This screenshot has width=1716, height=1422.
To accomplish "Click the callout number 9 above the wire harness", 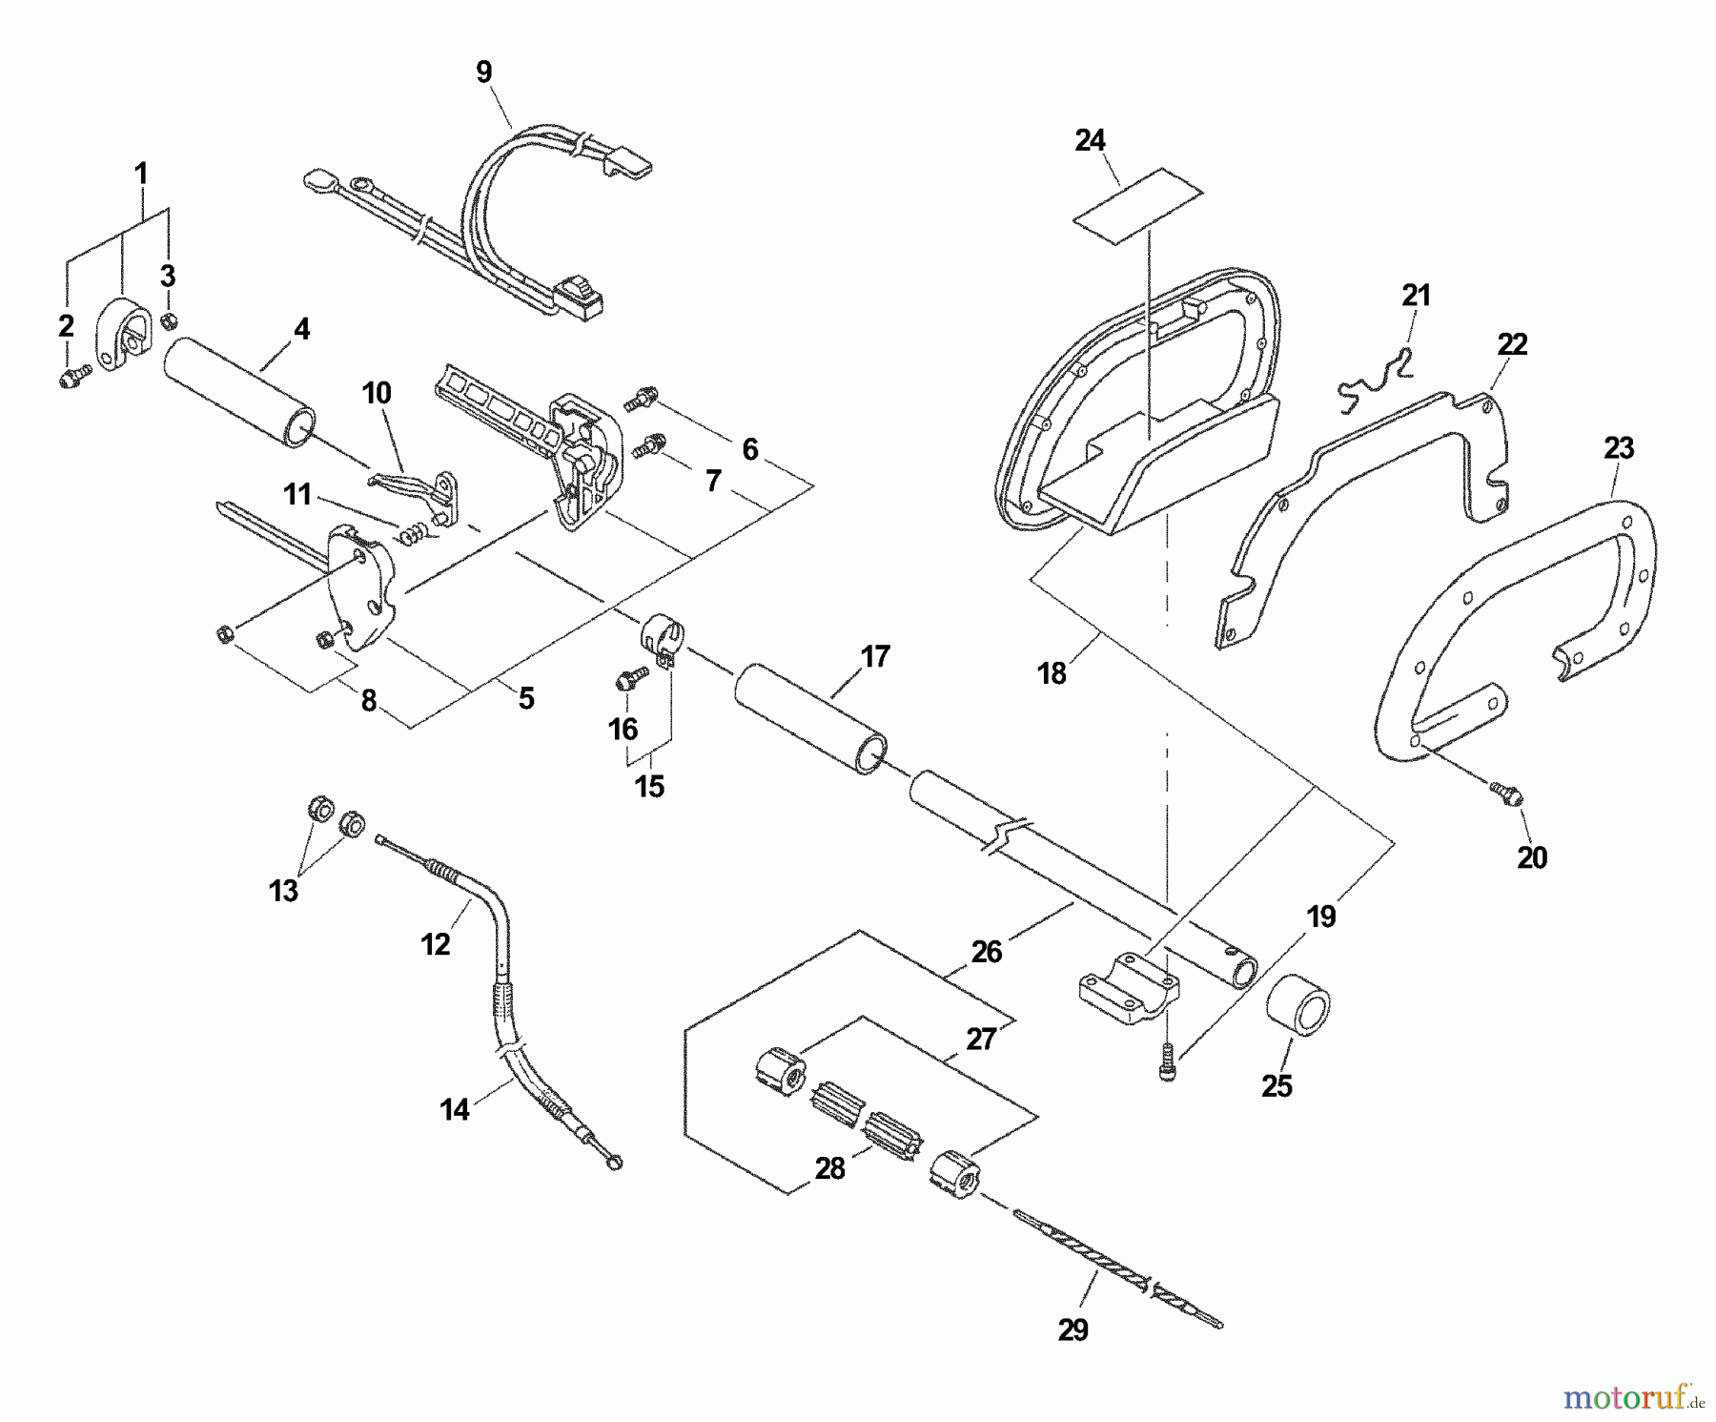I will [484, 72].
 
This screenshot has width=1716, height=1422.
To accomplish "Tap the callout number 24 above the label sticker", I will [1090, 141].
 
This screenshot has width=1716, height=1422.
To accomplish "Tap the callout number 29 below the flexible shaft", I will [1072, 1329].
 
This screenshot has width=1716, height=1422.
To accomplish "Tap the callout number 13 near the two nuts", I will [284, 891].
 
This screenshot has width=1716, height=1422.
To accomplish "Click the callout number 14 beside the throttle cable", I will [455, 1109].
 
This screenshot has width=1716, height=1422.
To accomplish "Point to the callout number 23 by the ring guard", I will [1619, 447].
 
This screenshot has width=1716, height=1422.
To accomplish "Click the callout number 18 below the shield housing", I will [1052, 673].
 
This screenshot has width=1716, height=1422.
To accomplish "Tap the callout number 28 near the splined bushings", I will [829, 1168].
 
